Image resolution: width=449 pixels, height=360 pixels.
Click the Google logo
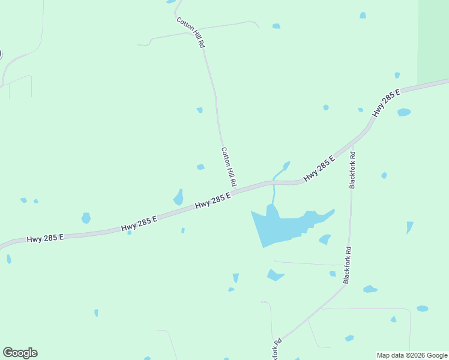(x=20, y=353)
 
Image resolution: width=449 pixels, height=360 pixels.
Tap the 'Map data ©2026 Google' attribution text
(x=412, y=355)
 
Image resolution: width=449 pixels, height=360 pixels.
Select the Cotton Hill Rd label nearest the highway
(x=229, y=166)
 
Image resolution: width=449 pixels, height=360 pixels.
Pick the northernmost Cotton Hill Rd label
(x=191, y=32)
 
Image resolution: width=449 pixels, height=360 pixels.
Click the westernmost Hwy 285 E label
(x=45, y=238)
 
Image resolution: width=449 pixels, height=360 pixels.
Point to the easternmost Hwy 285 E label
(x=386, y=103)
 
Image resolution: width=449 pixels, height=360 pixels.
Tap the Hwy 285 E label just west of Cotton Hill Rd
(x=213, y=202)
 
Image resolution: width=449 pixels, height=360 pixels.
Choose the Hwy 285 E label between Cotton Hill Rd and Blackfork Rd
(x=319, y=169)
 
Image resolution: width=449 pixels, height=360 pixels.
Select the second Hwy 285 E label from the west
(x=139, y=224)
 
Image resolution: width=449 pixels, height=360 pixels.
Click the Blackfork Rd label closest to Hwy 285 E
(x=352, y=170)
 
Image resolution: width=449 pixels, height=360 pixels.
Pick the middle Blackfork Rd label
(x=346, y=265)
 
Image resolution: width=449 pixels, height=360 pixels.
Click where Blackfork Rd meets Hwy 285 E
(x=352, y=143)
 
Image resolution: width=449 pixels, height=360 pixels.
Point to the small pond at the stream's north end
(x=286, y=164)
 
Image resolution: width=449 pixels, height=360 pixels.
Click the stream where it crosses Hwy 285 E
(x=274, y=181)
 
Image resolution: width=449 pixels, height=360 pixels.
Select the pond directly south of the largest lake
(x=274, y=275)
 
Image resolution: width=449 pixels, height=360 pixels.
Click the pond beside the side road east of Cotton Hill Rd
(x=276, y=26)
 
